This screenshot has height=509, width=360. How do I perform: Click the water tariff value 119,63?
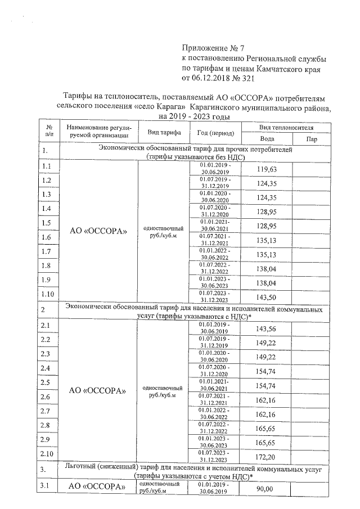click(x=267, y=169)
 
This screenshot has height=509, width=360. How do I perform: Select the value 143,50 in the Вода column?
click(x=267, y=297)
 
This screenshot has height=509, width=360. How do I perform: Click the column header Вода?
click(x=267, y=139)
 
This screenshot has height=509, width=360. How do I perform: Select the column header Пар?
click(x=311, y=139)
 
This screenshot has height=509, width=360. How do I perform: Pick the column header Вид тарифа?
click(x=164, y=133)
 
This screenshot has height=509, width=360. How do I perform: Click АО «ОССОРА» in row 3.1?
click(x=98, y=487)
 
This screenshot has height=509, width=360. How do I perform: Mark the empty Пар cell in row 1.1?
click(x=311, y=169)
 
